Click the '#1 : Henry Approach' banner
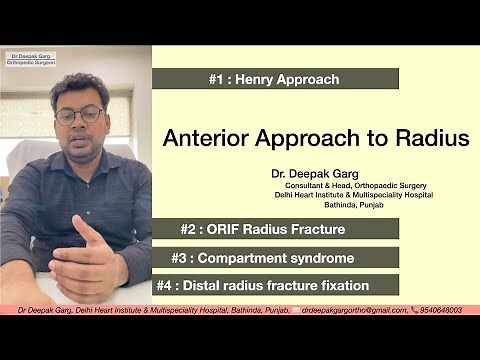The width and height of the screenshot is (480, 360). (275, 79)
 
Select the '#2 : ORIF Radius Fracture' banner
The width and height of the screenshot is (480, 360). (275, 228)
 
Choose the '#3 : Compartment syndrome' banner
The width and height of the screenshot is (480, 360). (275, 257)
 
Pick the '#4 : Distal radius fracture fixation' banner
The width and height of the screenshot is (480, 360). (275, 285)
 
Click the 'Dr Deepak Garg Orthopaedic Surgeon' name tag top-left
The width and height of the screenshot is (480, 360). (30, 59)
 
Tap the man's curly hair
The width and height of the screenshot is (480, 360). (80, 90)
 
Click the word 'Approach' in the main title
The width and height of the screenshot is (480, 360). (321, 138)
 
